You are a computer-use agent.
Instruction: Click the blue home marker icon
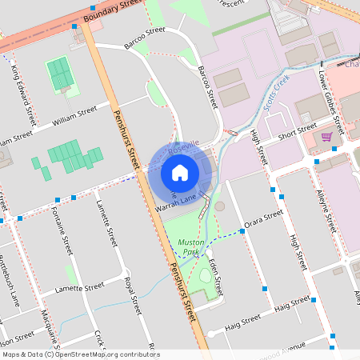click(180, 172)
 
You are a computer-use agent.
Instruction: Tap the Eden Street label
click(214, 269)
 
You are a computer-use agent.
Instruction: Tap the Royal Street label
click(133, 295)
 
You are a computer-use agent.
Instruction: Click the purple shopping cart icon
click(326, 137)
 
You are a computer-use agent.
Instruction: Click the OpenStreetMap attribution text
click(80, 354)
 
